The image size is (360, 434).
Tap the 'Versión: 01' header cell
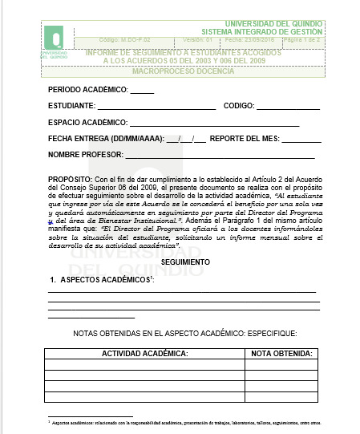pyautogui.click(x=197, y=39)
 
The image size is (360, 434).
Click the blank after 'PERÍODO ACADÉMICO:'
pyautogui.click(x=142, y=89)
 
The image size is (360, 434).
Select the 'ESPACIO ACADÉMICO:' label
pyautogui.click(x=87, y=123)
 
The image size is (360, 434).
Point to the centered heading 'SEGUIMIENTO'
pyautogui.click(x=184, y=262)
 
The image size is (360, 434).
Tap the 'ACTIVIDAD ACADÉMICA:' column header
pyautogui.click(x=144, y=353)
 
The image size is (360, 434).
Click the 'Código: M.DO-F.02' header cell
pyautogui.click(x=123, y=39)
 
